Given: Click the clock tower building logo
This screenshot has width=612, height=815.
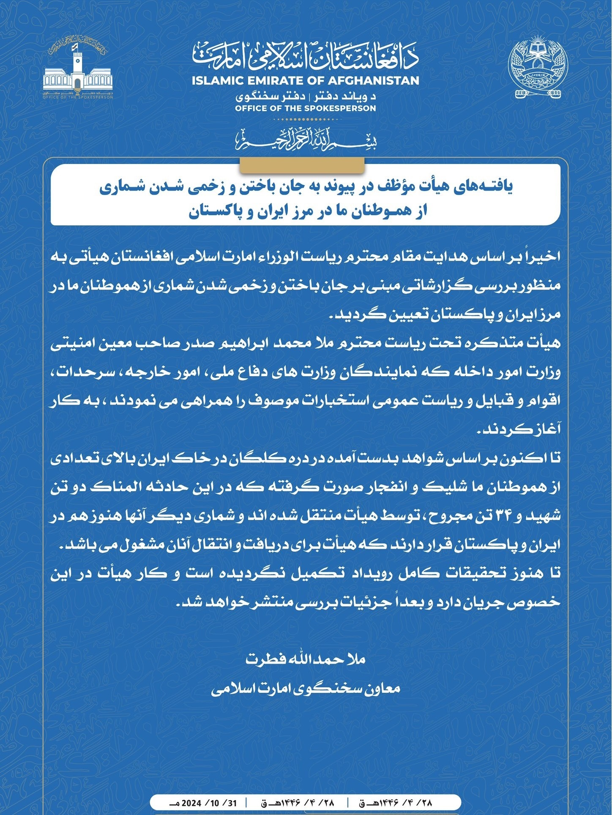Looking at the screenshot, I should coord(77,70).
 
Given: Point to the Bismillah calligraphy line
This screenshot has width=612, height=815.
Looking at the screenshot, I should coord(306,140).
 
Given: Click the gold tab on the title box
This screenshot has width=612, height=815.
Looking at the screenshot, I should coord(302,165).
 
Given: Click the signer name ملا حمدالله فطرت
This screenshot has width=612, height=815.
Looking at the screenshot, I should coord(306,659).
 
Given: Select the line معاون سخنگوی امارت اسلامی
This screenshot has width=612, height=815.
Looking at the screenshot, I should coord(306,689).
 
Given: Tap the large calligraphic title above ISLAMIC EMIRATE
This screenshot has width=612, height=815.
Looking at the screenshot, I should coord(306,57).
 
